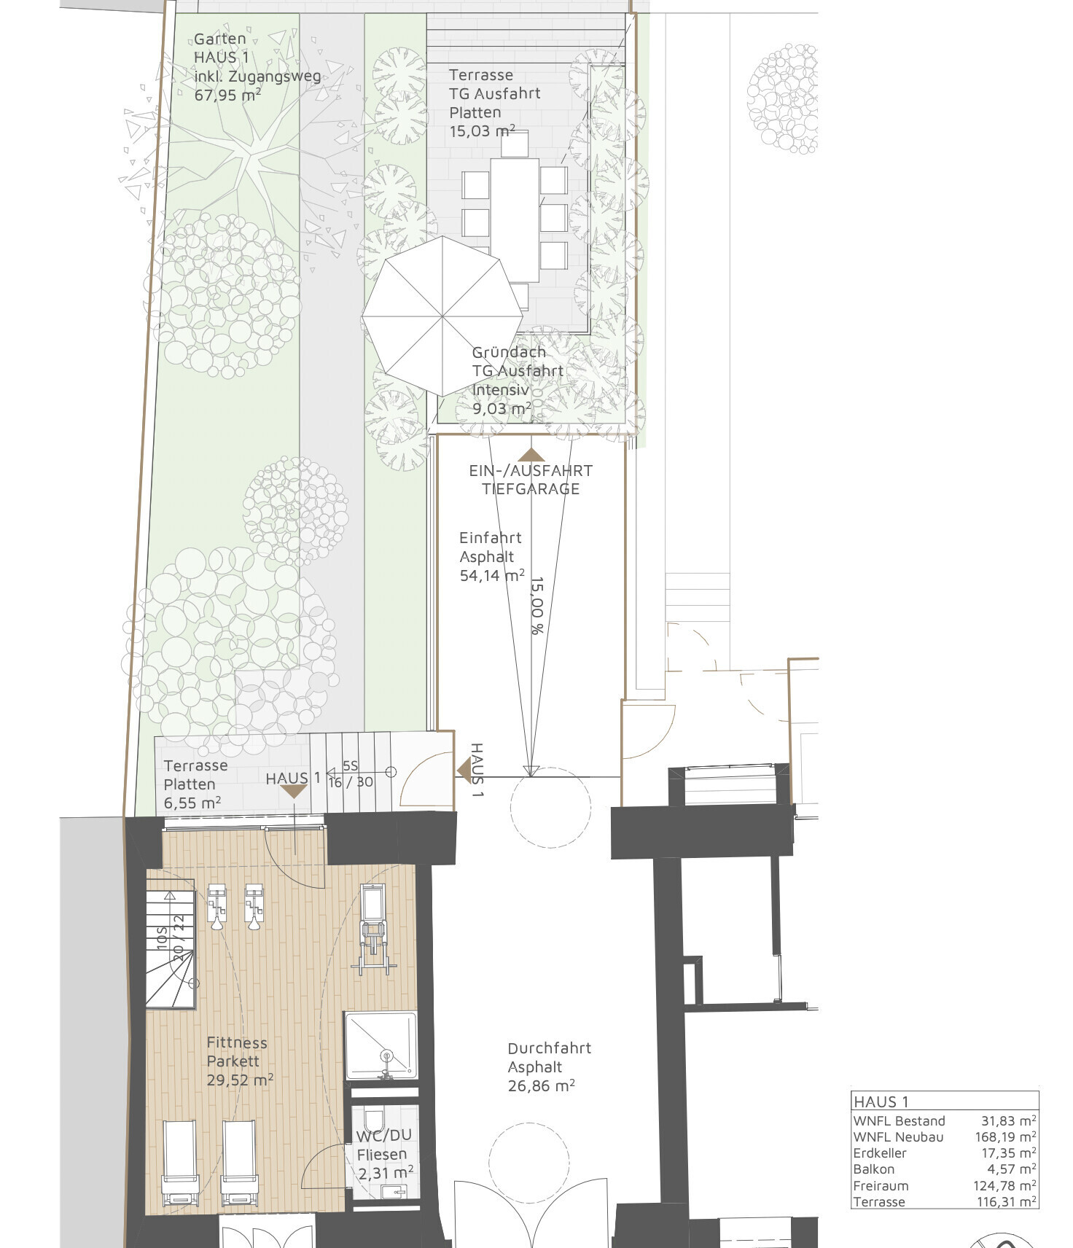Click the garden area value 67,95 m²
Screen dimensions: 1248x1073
coord(227,95)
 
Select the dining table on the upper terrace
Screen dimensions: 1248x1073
coord(515,219)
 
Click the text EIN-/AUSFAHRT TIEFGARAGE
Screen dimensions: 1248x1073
coord(531,480)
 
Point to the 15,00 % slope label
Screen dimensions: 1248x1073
coord(537,605)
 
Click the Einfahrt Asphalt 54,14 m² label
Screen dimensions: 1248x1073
coord(491,557)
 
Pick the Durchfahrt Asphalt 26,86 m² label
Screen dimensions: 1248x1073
coord(548,1067)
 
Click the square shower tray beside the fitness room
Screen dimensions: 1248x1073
coord(381,1045)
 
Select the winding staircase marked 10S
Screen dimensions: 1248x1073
coord(172,948)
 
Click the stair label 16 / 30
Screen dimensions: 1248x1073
coord(351,782)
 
